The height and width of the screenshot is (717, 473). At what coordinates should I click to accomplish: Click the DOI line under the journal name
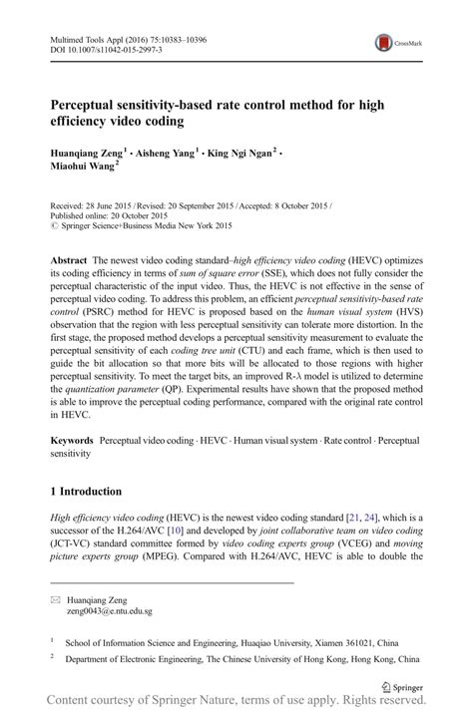[x=99, y=48]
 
